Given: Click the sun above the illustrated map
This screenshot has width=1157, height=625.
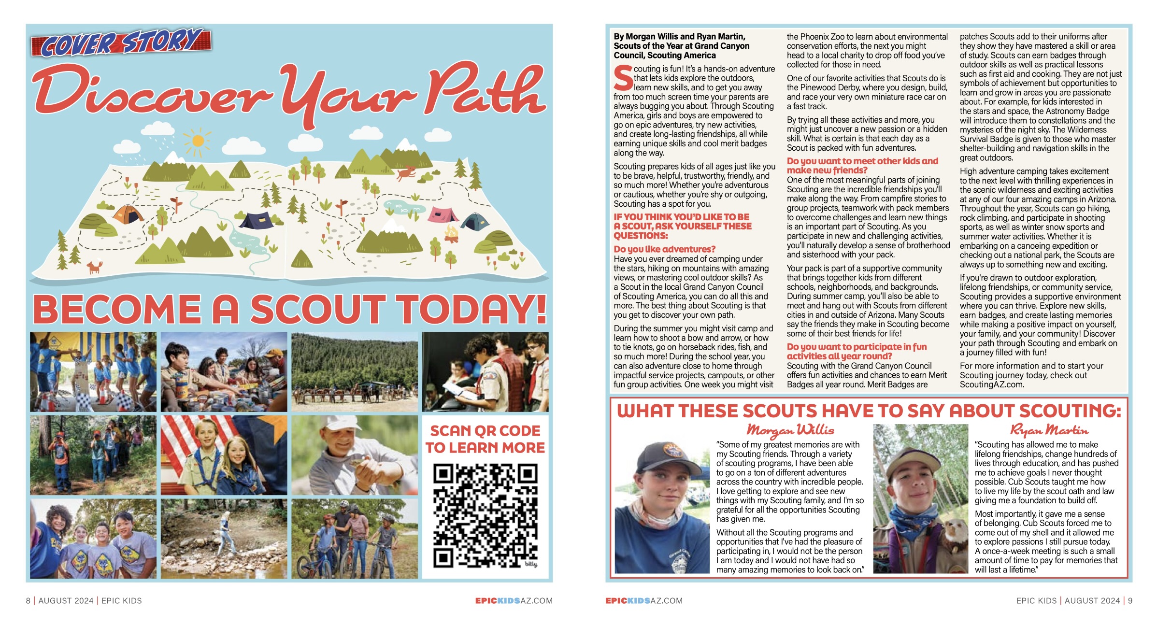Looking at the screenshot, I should pos(198,141).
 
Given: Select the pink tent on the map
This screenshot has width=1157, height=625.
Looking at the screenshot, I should pos(443,214).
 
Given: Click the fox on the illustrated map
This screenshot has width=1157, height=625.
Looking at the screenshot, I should pos(95,267).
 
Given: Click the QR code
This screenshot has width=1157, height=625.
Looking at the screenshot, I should pos(485,515).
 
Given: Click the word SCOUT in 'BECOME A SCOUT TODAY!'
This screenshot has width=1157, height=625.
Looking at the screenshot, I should pos(317,309).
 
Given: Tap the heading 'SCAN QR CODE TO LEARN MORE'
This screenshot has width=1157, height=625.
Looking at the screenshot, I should pos(485,439).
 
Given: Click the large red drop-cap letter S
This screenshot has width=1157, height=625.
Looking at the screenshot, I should pos(623,78).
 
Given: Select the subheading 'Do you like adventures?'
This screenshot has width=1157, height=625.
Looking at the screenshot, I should pos(664,249).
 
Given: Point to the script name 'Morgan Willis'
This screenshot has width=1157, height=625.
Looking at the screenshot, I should pos(790,429).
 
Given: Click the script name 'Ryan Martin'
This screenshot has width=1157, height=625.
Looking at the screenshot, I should pos(1048,429).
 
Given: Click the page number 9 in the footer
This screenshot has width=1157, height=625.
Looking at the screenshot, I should pos(1130,600).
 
